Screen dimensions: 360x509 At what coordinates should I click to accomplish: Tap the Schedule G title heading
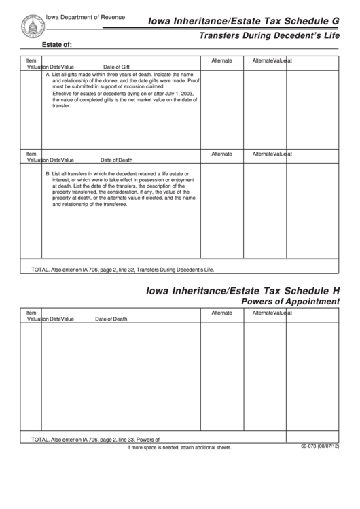tap(243, 22)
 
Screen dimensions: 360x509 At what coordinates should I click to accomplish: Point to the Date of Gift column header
tap(116, 67)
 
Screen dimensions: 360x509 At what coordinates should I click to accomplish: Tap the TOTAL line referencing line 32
tap(122, 269)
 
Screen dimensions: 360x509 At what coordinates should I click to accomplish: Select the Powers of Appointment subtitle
tap(290, 302)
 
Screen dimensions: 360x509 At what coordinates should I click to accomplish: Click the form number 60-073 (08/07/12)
tap(319, 446)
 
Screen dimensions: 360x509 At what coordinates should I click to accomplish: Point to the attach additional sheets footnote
tap(180, 448)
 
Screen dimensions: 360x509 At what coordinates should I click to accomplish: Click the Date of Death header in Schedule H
tap(111, 319)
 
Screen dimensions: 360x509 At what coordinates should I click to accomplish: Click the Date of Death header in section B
tap(117, 160)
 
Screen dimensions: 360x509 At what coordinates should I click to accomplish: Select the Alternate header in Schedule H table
tap(221, 313)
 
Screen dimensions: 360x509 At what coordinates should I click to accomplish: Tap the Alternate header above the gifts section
tap(221, 60)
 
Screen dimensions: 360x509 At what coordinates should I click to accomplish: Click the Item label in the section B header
tap(31, 154)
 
